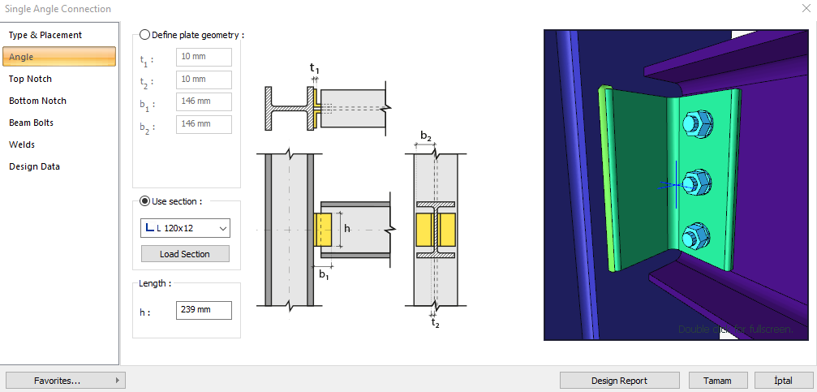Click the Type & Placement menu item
[45, 35]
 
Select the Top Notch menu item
[30, 79]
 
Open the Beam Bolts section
[32, 123]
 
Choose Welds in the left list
[22, 144]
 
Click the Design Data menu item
[34, 166]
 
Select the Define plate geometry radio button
[145, 36]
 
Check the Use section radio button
[145, 201]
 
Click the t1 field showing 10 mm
[204, 58]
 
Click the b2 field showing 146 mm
[204, 124]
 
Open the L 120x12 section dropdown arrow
[223, 228]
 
